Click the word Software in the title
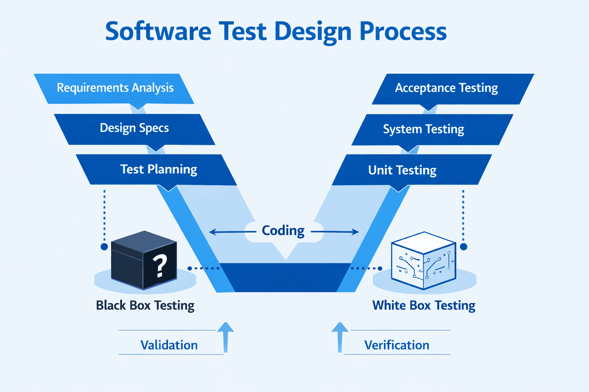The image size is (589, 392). pyautogui.click(x=158, y=31)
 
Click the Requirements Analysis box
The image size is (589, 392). pyautogui.click(x=115, y=88)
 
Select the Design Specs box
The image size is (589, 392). pyautogui.click(x=134, y=128)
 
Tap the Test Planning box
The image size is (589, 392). pyautogui.click(x=158, y=169)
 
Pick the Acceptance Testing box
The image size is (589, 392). pyautogui.click(x=446, y=88)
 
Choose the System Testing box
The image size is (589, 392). pyautogui.click(x=423, y=129)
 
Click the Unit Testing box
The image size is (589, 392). pyautogui.click(x=402, y=170)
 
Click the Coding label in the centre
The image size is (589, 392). pyautogui.click(x=283, y=230)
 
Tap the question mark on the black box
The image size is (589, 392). pyautogui.click(x=160, y=266)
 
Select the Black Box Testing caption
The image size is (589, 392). pyautogui.click(x=145, y=305)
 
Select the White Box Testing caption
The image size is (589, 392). pyautogui.click(x=424, y=305)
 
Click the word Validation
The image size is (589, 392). pyautogui.click(x=169, y=345)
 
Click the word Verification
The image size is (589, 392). pyautogui.click(x=397, y=345)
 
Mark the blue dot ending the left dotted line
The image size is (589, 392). pyautogui.click(x=104, y=247)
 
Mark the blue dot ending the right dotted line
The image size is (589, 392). pyautogui.click(x=463, y=247)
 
